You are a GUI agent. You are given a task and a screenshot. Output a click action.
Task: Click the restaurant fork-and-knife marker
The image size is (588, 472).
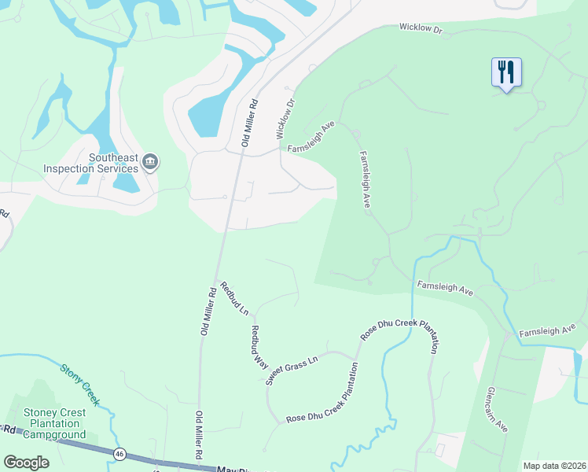506,73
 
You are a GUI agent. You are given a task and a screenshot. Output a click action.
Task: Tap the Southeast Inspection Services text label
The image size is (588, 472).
91,163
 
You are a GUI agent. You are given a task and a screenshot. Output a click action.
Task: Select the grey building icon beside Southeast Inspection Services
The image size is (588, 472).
150,163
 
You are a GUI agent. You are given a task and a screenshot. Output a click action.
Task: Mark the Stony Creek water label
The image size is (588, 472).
80,383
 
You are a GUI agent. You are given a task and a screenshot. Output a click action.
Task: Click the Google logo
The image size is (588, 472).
27,463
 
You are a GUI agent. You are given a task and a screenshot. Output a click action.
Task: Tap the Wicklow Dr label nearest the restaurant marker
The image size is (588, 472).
421,28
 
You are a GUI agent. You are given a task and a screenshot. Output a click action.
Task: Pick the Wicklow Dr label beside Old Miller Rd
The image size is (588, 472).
286,118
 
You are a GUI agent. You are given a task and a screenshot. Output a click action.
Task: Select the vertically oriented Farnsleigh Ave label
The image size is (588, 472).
365,179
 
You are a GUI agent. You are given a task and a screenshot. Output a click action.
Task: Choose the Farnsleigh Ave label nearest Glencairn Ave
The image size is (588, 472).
548,330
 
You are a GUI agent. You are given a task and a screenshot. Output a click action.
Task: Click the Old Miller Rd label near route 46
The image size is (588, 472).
199,436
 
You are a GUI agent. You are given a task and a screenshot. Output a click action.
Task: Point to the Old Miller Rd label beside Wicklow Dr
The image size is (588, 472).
250,123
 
